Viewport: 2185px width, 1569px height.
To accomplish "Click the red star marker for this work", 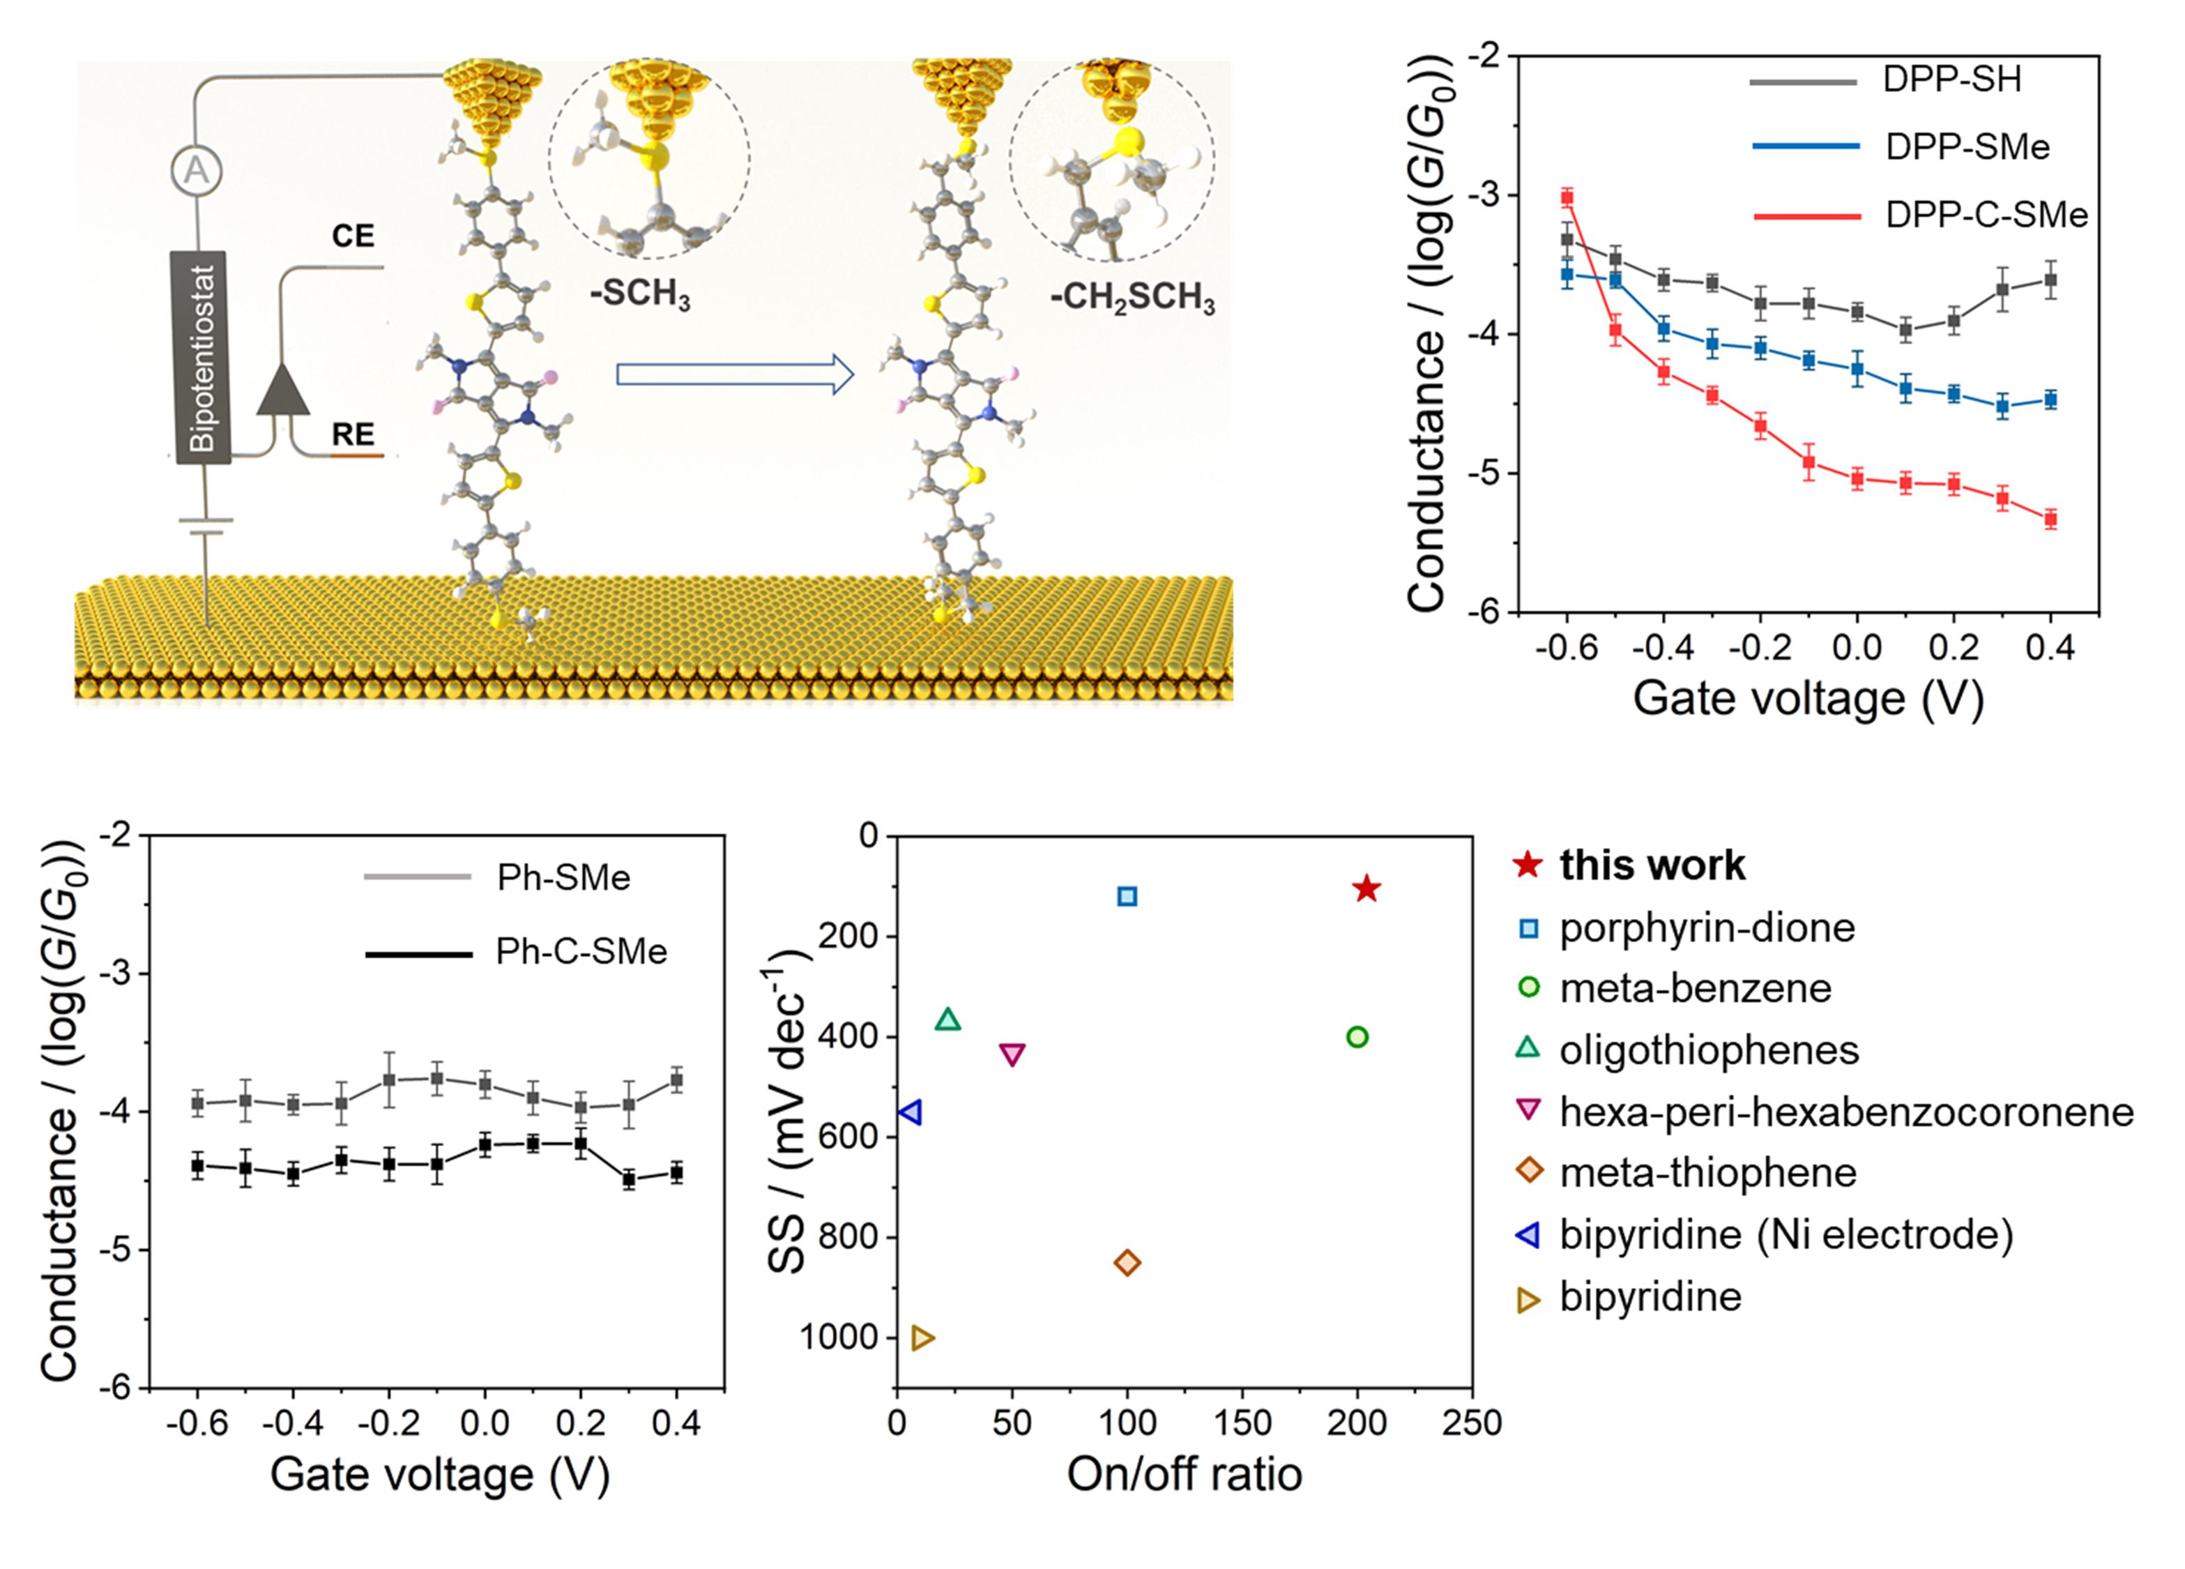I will [x=1366, y=888].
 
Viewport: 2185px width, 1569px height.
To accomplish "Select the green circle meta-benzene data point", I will [x=1357, y=1037].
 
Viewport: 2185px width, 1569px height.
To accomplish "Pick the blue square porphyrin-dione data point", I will [x=1127, y=896].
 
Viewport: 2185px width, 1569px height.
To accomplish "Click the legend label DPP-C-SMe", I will [x=1986, y=215].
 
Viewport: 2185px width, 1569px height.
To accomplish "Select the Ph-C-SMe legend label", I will [x=581, y=952].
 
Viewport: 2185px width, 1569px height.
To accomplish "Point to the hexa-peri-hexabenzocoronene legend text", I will [x=1846, y=1112].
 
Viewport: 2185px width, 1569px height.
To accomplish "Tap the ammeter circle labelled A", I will [x=197, y=172].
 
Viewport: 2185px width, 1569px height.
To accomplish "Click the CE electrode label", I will [x=353, y=237].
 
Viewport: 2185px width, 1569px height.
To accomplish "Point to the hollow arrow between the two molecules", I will [x=734, y=375].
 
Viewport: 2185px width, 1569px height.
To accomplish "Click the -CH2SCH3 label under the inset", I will [x=1132, y=297].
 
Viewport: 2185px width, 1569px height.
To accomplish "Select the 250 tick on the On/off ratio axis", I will [x=1471, y=1423].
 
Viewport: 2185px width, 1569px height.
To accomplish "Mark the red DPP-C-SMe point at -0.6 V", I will [x=1567, y=197].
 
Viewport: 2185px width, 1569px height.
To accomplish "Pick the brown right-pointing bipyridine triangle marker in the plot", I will [x=922, y=1337].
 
